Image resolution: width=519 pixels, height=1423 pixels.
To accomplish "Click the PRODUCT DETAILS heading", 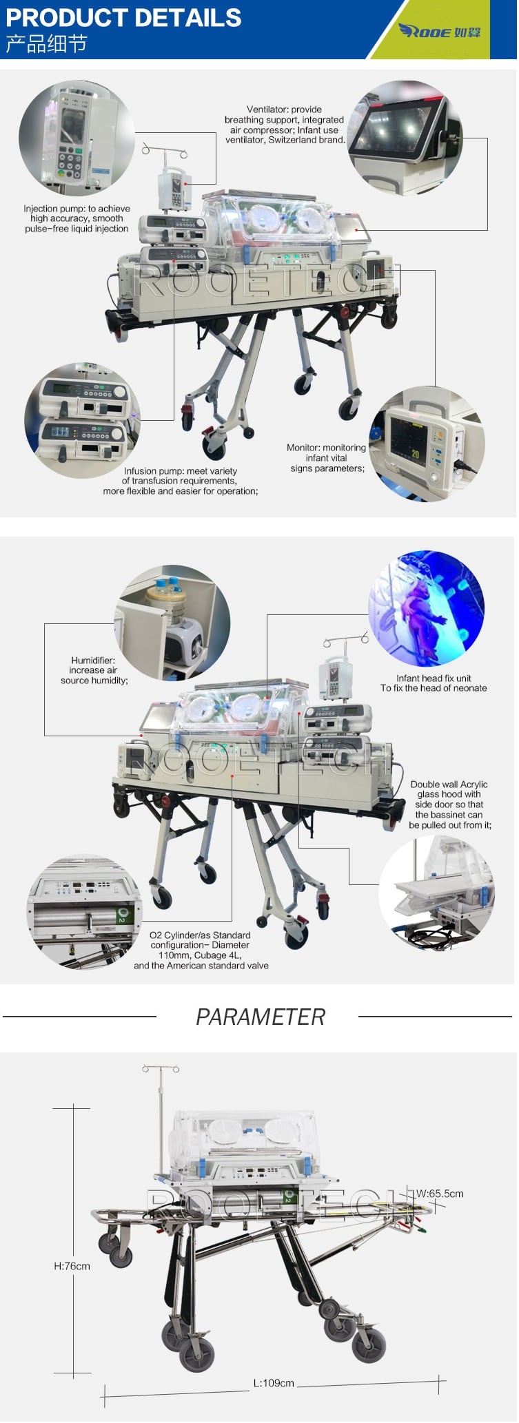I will (x=123, y=17).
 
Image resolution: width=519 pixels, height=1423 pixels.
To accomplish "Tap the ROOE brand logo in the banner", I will (x=439, y=31).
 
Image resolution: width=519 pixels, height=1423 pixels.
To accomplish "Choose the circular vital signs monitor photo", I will (x=427, y=444).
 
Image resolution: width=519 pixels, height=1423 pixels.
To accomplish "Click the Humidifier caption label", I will (x=93, y=660).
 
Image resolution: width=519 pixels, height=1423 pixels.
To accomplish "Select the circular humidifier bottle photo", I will (x=172, y=623).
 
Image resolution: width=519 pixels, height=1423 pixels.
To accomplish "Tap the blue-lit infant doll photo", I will (x=427, y=608).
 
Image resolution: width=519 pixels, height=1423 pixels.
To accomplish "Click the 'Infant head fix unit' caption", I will (x=434, y=678).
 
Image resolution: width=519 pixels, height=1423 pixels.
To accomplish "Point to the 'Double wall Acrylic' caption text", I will (x=449, y=785).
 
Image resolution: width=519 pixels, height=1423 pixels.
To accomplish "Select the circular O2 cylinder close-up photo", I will (x=84, y=912).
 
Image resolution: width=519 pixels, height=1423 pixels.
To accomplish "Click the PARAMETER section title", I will (x=260, y=1017).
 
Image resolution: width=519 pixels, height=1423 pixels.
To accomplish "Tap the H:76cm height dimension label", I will (x=72, y=1266).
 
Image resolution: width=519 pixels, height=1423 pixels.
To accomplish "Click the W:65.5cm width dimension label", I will (x=440, y=1194).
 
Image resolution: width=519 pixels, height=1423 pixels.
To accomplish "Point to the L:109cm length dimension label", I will (x=274, y=1383).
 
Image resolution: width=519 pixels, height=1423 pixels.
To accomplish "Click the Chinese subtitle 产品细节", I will (x=46, y=44).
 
